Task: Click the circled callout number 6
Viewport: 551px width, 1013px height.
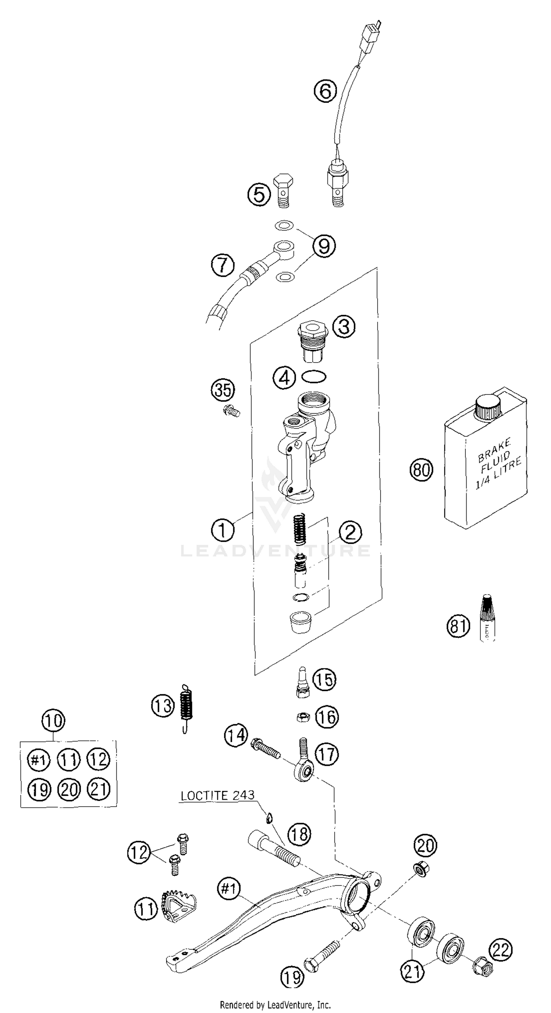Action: coord(325,91)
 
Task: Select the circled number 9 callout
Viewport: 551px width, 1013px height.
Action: coord(324,246)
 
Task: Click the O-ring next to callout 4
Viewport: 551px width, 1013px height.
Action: coord(313,377)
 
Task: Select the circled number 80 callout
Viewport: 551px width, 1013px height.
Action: coord(421,469)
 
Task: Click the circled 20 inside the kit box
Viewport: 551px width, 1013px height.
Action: coord(69,789)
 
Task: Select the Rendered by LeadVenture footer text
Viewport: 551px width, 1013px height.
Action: coord(275,1005)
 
